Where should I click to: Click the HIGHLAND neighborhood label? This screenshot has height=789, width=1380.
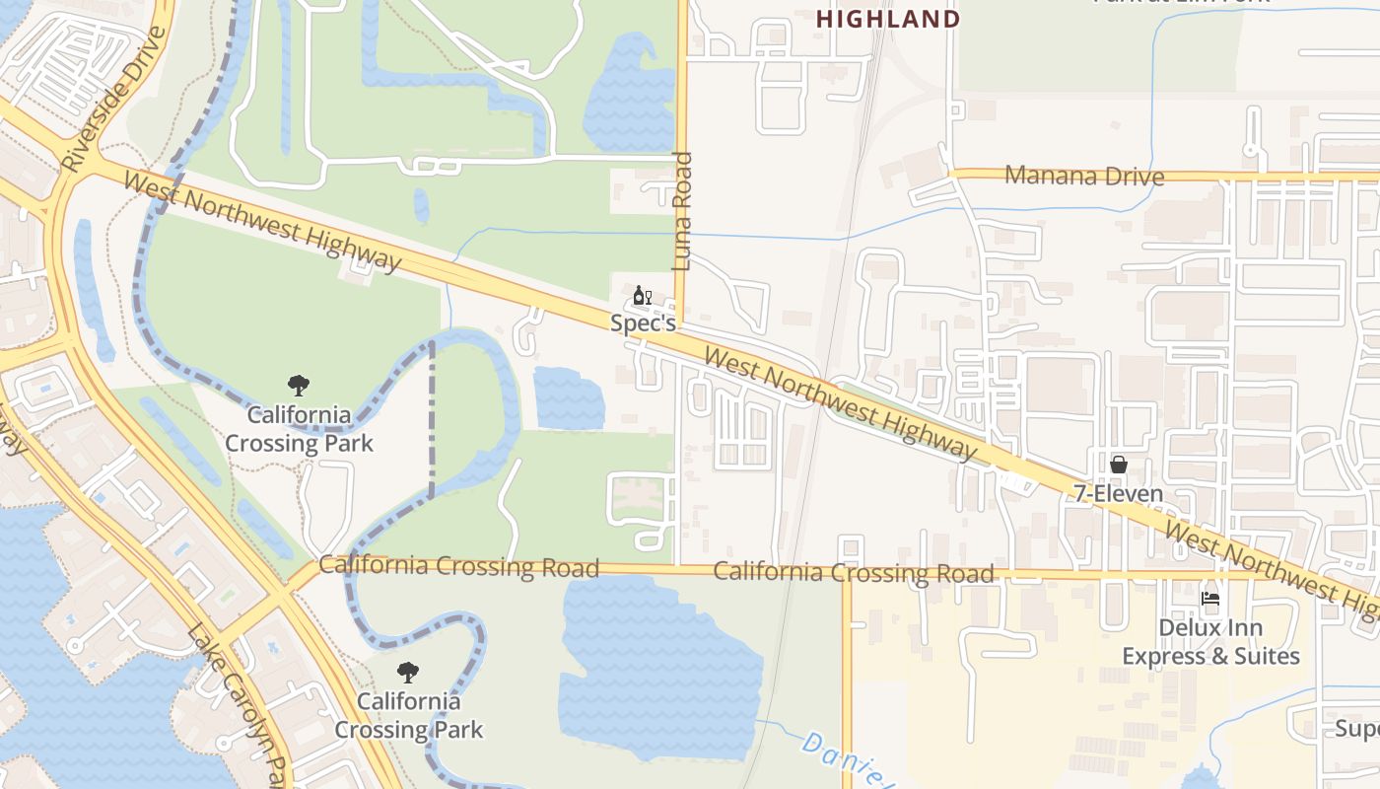(888, 19)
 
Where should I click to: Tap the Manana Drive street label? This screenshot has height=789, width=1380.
(1083, 177)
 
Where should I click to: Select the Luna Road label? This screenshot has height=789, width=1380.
(682, 211)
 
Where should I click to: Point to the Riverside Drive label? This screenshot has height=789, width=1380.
(114, 99)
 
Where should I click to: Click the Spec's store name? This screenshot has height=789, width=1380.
(643, 323)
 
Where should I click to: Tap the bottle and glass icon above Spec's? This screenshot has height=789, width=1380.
(642, 295)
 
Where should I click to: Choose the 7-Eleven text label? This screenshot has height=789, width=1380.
(1119, 493)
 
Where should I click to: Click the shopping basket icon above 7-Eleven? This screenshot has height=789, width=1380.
(1119, 465)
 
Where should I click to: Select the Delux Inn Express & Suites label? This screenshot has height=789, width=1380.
(1210, 642)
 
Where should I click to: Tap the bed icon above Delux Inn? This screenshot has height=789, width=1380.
(1209, 599)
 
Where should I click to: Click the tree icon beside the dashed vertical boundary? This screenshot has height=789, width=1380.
(299, 386)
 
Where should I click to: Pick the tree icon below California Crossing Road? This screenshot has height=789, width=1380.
(408, 674)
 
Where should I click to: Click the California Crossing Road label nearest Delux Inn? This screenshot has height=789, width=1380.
(853, 573)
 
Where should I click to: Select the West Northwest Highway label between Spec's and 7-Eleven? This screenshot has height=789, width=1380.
(841, 404)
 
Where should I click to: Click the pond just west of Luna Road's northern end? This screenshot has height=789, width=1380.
(629, 94)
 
